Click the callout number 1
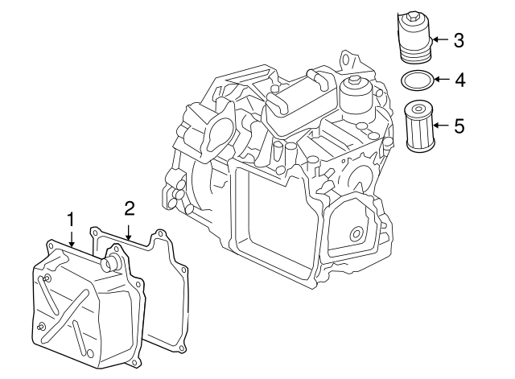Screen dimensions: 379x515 pyautogui.click(x=71, y=218)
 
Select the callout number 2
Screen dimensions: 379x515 pyautogui.click(x=129, y=209)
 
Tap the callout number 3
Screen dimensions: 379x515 pyautogui.click(x=459, y=39)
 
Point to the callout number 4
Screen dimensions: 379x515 pyautogui.click(x=459, y=80)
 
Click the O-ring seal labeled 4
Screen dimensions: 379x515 pyautogui.click(x=416, y=80)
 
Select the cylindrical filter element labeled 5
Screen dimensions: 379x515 pyautogui.click(x=418, y=126)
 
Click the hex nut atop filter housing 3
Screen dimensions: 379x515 pyautogui.click(x=414, y=17)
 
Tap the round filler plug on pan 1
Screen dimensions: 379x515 pyautogui.click(x=112, y=263)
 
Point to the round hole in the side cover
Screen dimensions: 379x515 pyautogui.click(x=354, y=234)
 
